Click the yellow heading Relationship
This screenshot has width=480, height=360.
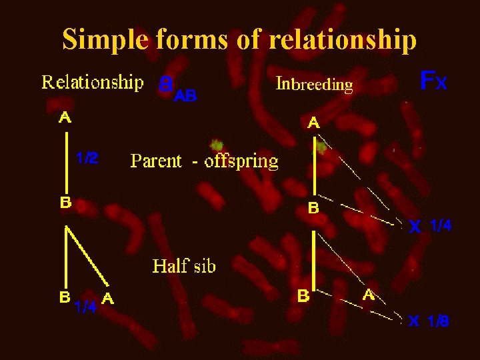click(x=93, y=83)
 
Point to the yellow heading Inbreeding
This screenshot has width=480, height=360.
click(x=314, y=85)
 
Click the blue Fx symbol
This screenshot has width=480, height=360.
click(x=433, y=81)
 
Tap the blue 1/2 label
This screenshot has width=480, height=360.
click(x=87, y=158)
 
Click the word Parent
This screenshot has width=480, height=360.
click(x=156, y=161)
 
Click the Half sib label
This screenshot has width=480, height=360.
click(x=184, y=267)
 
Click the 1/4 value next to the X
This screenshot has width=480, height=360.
click(x=441, y=226)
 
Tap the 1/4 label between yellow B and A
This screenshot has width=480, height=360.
click(x=85, y=307)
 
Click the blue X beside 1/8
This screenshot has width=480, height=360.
click(x=414, y=321)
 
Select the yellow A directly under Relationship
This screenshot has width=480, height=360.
click(x=66, y=118)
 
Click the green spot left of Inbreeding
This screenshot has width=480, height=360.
click(x=216, y=145)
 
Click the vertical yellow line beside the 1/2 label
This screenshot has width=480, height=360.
click(x=66, y=160)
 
